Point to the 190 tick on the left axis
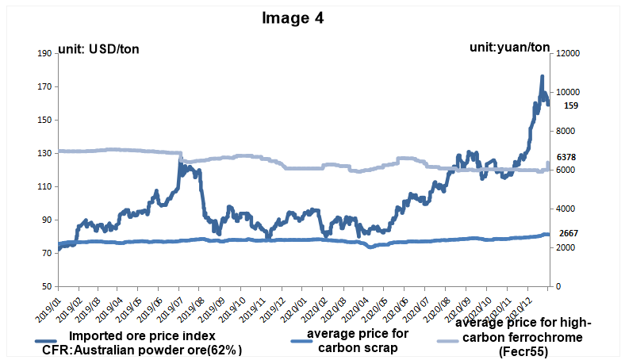[44, 53]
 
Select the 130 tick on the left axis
[44, 153]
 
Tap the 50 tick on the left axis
[47, 286]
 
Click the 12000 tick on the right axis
[571, 53]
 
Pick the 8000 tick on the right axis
[569, 131]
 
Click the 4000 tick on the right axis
[569, 209]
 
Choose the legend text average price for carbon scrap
[357, 339]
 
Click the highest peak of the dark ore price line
[542, 77]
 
